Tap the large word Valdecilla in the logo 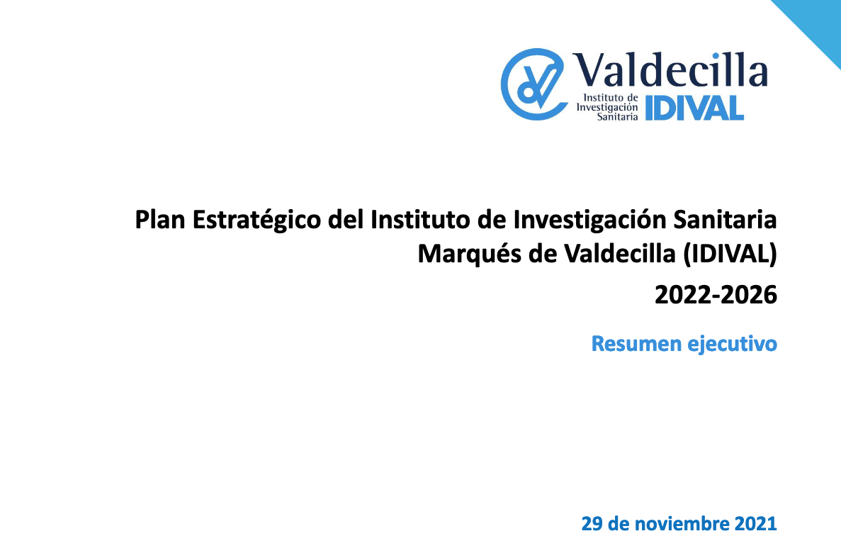click(x=670, y=69)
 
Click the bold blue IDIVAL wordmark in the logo click(x=694, y=108)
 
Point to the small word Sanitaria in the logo click(x=617, y=116)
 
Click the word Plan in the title click(x=159, y=220)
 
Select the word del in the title click(x=346, y=220)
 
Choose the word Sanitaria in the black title click(x=725, y=220)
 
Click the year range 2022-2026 click(x=716, y=295)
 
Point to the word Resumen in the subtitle click(x=636, y=344)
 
